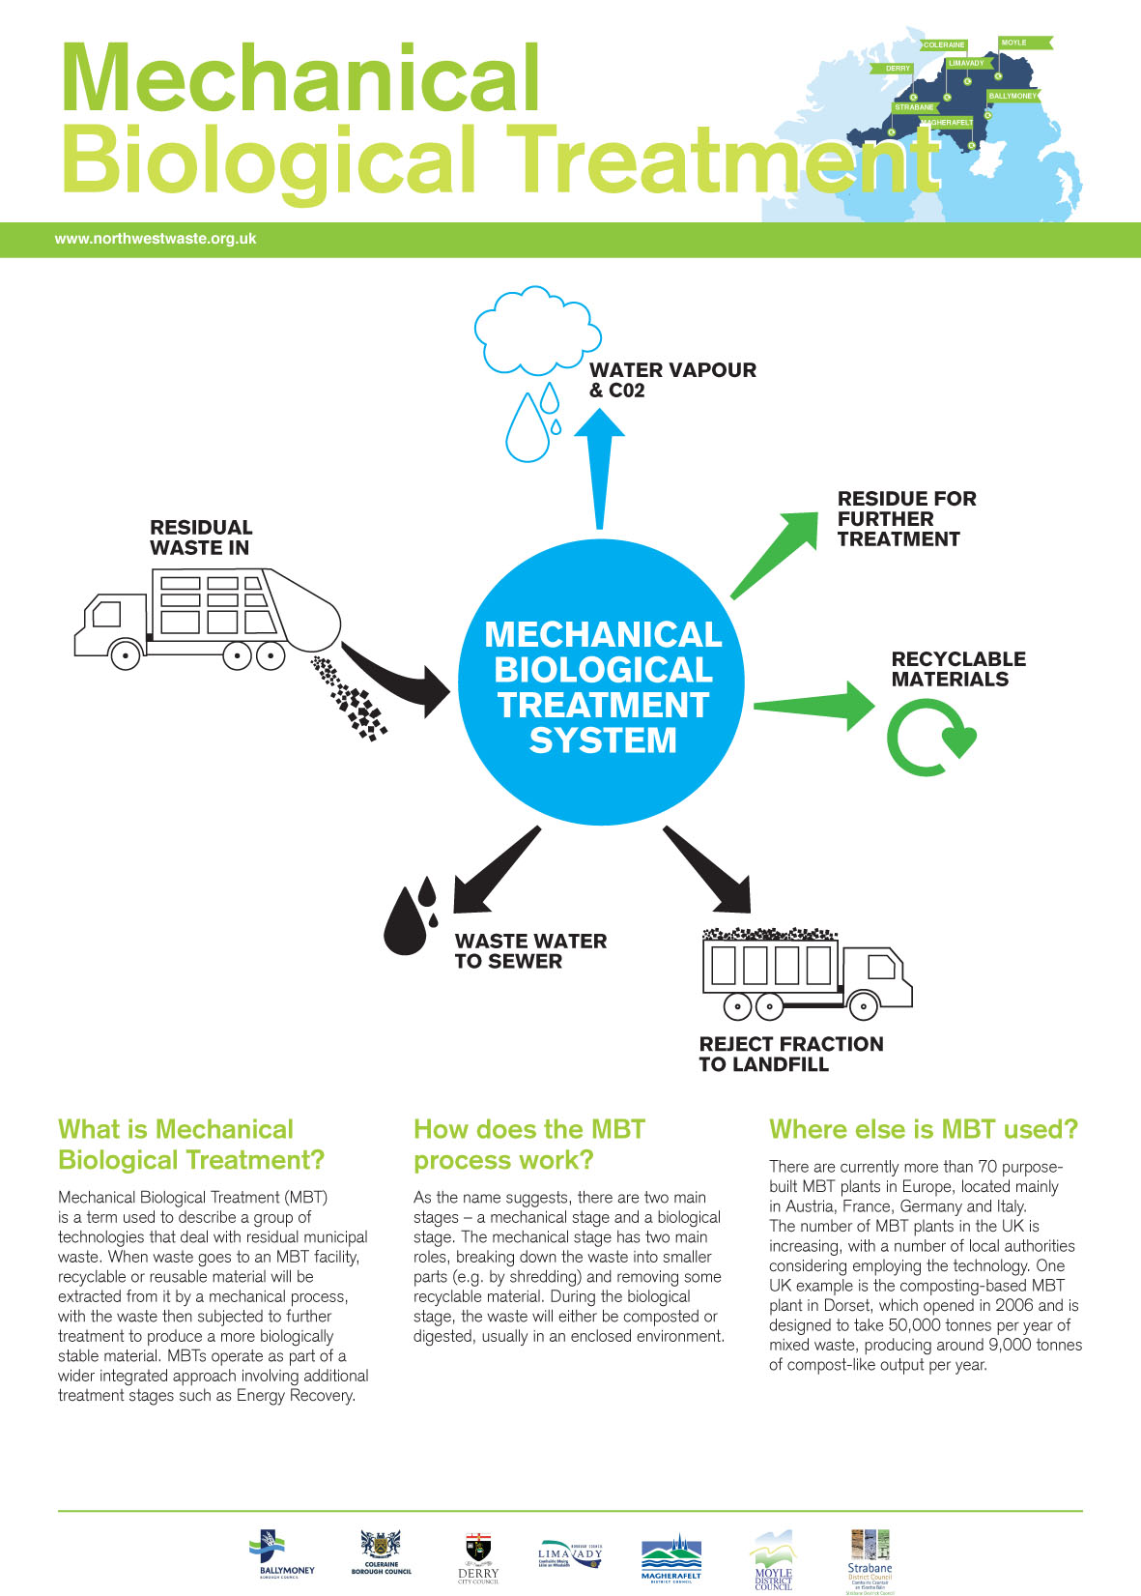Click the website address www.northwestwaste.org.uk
[x=155, y=239]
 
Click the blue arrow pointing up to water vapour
[x=600, y=464]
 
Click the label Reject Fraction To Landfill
[x=790, y=1054]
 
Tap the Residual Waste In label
[x=201, y=537]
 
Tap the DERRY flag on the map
[x=899, y=69]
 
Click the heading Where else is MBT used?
[x=923, y=1129]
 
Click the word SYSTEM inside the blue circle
[x=603, y=740]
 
